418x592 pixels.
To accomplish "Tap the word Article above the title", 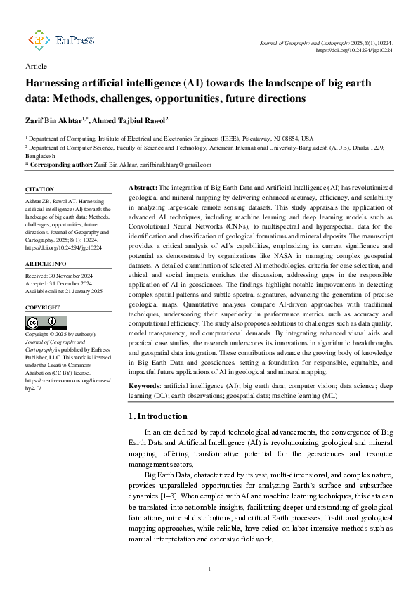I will (35, 66).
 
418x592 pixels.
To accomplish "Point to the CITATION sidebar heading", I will (39, 190).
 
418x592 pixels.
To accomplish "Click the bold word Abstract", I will (143, 188).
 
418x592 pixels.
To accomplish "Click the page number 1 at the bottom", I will (209, 569).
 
